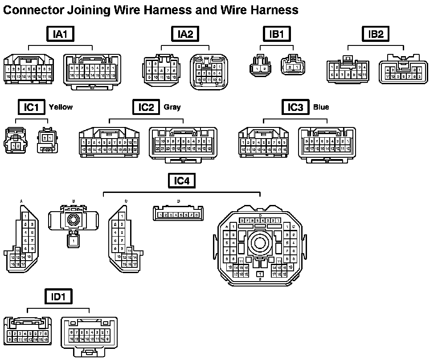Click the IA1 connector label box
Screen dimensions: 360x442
(x=61, y=34)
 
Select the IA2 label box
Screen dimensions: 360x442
(x=185, y=34)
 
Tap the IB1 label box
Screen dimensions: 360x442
(x=277, y=34)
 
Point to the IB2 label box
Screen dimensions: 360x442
(x=376, y=34)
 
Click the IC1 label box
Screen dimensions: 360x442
(x=32, y=107)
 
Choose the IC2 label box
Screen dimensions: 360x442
(x=146, y=107)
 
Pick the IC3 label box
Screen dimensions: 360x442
(x=295, y=107)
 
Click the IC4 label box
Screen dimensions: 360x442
(x=182, y=180)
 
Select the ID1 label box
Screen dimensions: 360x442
(x=58, y=296)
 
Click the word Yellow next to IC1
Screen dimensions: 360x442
(x=61, y=107)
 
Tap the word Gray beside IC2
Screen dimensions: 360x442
(x=172, y=107)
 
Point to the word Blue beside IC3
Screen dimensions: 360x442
(x=321, y=107)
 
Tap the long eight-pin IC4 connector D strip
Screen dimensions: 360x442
(x=179, y=214)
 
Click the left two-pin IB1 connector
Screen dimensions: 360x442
(x=261, y=67)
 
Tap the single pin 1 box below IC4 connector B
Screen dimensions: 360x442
(x=74, y=241)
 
